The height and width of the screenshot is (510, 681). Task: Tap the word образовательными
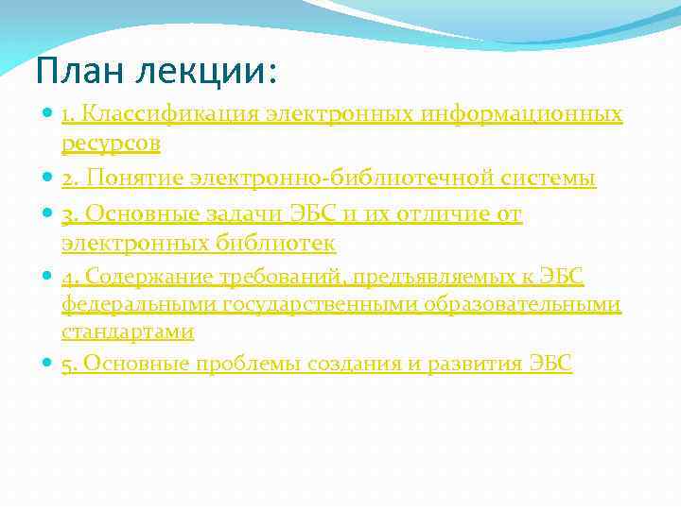533,304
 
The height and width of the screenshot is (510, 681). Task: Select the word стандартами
128,332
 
